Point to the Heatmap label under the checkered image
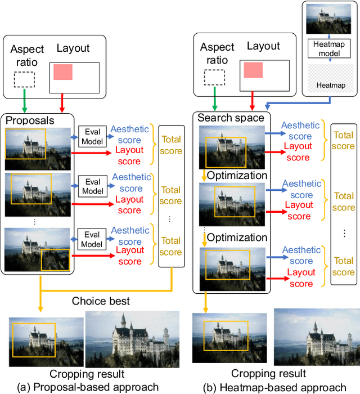click(331, 85)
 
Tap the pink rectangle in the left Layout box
click(63, 72)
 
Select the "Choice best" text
click(101, 301)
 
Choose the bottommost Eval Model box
click(92, 239)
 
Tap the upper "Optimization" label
click(237, 176)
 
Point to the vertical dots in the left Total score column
click(170, 220)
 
